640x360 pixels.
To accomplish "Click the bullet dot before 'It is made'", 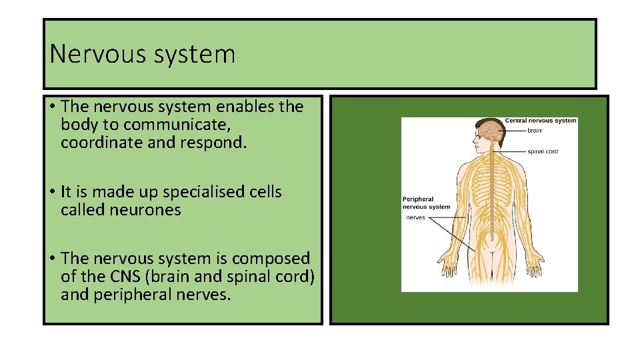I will [51, 193].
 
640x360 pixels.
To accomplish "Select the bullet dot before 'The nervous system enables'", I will [51, 107].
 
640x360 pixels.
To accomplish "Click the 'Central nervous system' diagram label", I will [540, 121].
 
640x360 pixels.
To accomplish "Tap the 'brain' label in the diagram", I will [534, 131].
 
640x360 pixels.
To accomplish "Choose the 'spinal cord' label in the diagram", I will [542, 151].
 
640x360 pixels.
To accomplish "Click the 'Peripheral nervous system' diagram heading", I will [426, 203].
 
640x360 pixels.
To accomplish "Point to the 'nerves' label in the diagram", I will [415, 217].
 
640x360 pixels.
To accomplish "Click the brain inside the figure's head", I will [491, 128].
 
